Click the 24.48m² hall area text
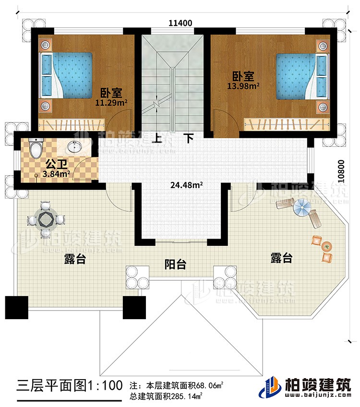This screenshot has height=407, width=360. pyautogui.click(x=184, y=184)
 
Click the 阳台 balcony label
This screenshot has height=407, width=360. pyautogui.click(x=175, y=264)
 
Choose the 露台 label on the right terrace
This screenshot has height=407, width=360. pyautogui.click(x=281, y=259)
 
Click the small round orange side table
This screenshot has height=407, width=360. pyautogui.click(x=327, y=247)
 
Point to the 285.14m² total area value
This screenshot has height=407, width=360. pyautogui.click(x=190, y=396)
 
